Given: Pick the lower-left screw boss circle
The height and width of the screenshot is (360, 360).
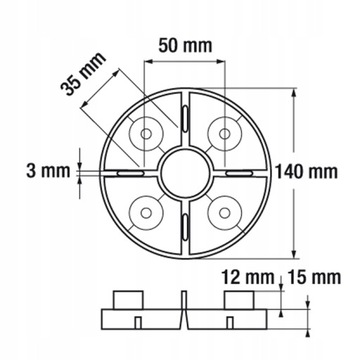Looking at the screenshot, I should point(148,210).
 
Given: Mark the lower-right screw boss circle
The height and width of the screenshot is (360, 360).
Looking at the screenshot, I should point(224,210).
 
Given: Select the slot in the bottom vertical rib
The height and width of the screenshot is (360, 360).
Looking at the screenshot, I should point(186,229).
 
